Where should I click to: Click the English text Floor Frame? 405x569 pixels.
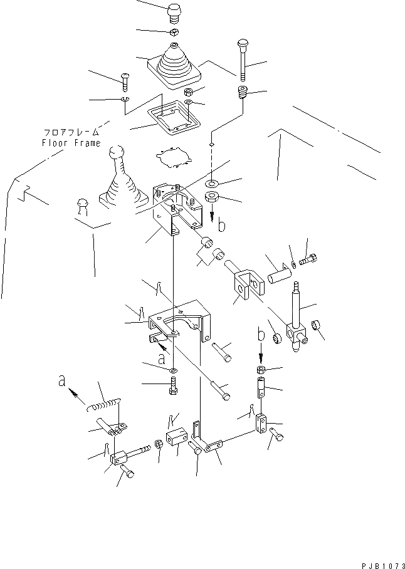tap(71, 142)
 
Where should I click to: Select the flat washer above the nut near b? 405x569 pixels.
tap(212, 184)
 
